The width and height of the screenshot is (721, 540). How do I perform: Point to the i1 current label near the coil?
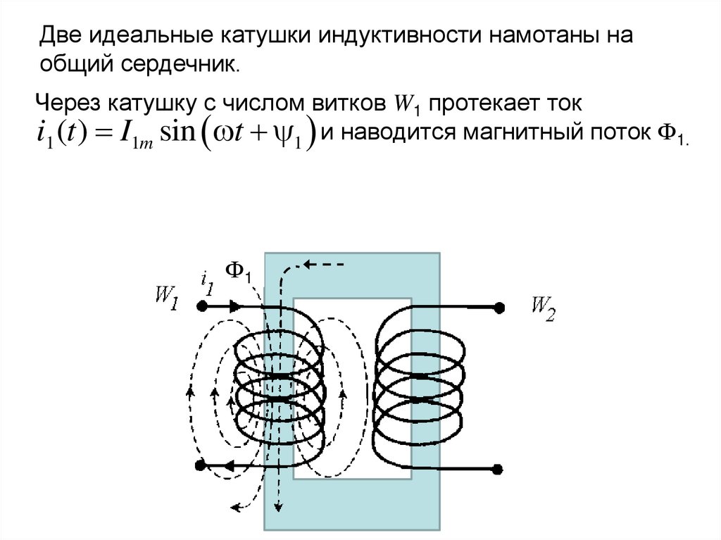click(x=207, y=283)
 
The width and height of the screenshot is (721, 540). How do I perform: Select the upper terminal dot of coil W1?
click(x=201, y=307)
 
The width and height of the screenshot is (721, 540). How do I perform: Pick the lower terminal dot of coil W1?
click(x=201, y=465)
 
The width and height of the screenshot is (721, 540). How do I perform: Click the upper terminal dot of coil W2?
click(x=499, y=308)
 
